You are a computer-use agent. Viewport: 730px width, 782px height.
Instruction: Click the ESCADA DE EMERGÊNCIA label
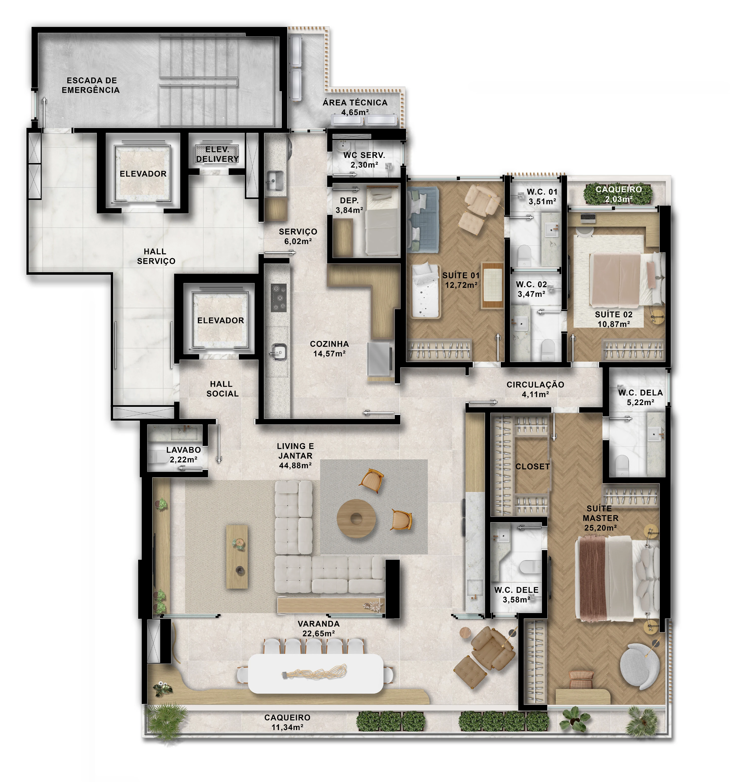(91, 85)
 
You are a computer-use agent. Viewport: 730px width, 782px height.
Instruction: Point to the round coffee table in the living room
(356, 518)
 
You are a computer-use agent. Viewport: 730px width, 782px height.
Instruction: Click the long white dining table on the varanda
(316, 673)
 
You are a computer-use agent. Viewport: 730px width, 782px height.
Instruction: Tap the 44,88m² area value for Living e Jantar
(296, 465)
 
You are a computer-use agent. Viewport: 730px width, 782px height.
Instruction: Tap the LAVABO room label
(184, 450)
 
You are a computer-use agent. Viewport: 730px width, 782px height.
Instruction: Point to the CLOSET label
(533, 467)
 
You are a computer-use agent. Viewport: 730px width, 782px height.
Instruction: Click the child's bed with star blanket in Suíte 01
(425, 290)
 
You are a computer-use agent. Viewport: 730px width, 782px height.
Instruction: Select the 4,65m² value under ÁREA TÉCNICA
(355, 112)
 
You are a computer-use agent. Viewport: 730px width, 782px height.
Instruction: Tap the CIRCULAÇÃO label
(535, 385)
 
